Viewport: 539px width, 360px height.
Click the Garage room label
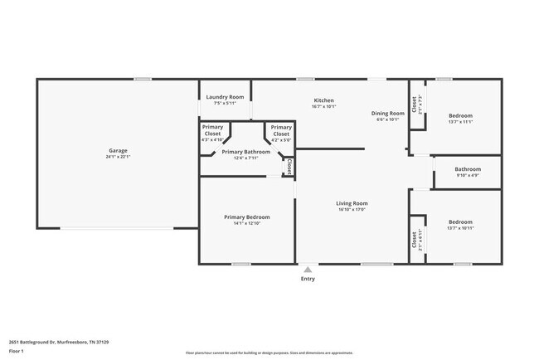(x=118, y=150)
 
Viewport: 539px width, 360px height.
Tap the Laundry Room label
(x=224, y=97)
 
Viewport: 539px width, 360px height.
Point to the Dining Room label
(x=387, y=113)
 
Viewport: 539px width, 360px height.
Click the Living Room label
(x=352, y=203)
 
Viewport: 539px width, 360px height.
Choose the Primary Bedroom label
(x=246, y=216)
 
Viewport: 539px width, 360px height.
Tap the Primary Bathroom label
(x=245, y=152)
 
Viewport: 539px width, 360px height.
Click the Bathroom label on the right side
(x=468, y=168)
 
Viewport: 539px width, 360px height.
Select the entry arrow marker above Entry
(x=308, y=269)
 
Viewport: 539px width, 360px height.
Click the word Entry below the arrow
(x=308, y=279)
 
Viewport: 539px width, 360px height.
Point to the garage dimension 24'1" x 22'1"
(x=118, y=157)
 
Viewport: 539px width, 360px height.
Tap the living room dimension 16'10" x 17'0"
(x=352, y=210)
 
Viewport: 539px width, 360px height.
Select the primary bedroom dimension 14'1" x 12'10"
(x=246, y=223)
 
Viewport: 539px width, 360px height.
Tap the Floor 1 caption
(x=17, y=351)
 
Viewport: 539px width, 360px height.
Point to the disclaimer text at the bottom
(x=269, y=353)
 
